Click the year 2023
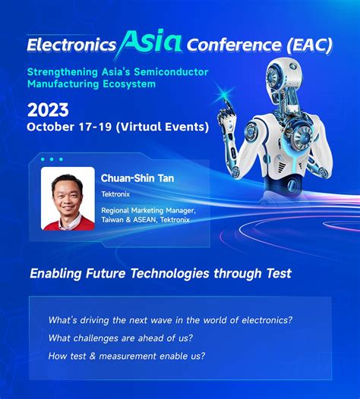point(48,108)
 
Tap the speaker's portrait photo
point(68,199)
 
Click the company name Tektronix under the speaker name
point(115,193)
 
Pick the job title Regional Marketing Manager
point(148,210)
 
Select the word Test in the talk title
point(277,273)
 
